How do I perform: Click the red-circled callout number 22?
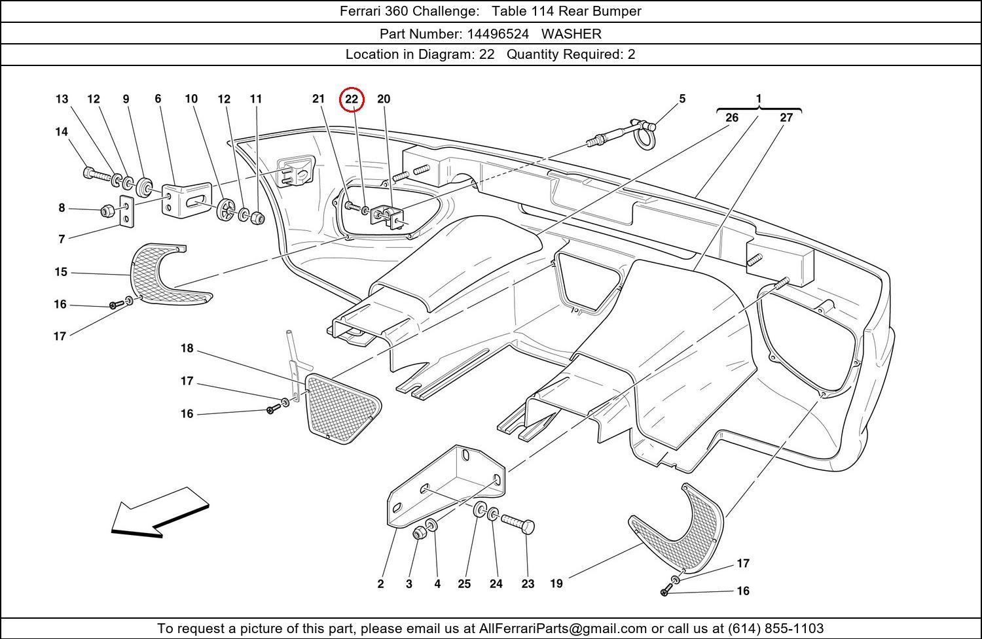(352, 99)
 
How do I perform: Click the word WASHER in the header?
(571, 33)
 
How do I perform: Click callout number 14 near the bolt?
(62, 132)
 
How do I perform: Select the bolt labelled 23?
(518, 523)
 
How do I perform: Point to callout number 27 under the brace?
(786, 118)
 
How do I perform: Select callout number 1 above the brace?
(759, 99)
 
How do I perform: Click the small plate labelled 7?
(126, 211)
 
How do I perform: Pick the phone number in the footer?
(775, 629)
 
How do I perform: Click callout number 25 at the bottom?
(464, 584)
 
